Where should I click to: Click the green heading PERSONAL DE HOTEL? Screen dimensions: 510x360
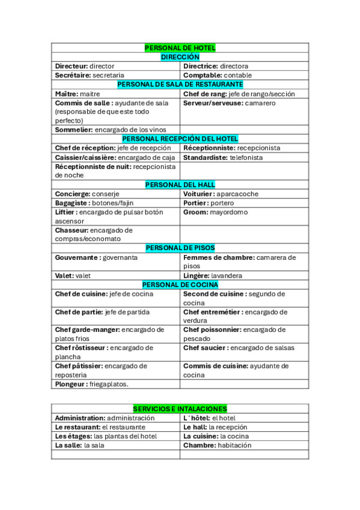pos(180,48)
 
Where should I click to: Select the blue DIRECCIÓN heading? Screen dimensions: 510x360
pos(180,57)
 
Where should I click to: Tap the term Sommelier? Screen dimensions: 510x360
pos(73,129)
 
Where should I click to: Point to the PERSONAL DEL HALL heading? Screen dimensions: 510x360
pos(180,185)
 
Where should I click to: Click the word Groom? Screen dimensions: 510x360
pos(195,212)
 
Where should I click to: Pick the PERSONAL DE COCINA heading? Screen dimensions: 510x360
pos(180,284)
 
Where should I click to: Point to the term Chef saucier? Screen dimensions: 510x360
pos(206,348)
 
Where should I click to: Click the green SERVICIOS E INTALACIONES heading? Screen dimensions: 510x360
pos(180,408)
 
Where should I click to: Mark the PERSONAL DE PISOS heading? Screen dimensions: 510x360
pos(180,248)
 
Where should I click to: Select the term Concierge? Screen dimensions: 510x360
pos(72,194)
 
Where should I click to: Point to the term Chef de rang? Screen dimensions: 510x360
pos(204,94)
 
